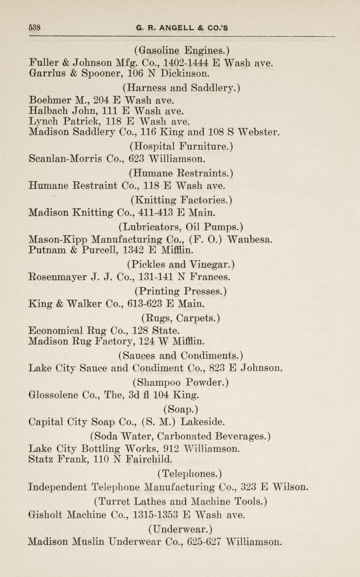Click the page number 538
[x=34, y=28]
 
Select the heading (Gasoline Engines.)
[x=182, y=51]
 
